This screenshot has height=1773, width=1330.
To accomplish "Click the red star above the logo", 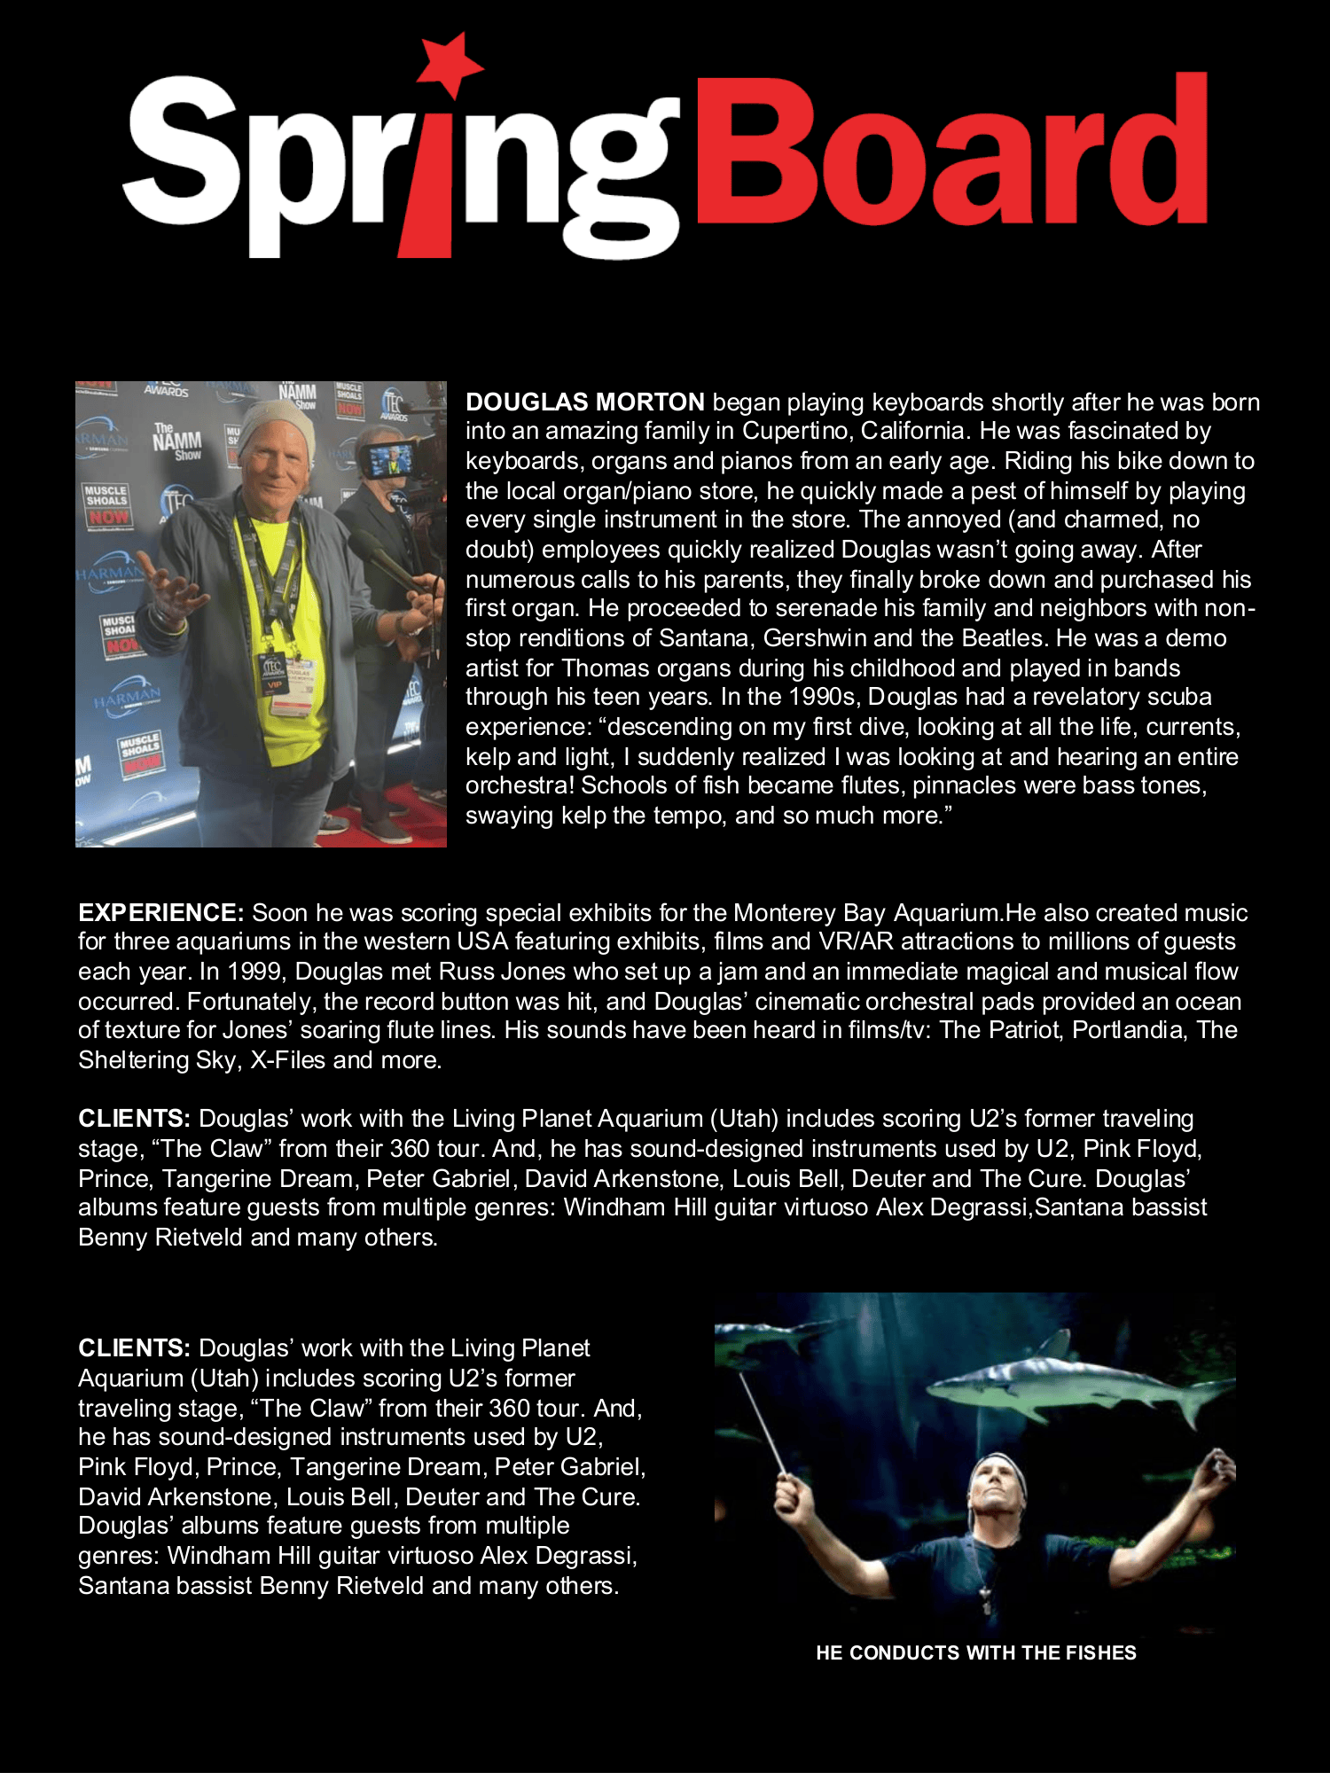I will (451, 63).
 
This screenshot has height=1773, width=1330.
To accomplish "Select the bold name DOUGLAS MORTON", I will (585, 402).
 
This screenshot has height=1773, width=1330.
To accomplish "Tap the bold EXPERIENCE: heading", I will (160, 913).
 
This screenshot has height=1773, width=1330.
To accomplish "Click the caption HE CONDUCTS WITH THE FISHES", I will (975, 1652).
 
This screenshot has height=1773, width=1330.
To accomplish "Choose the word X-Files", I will (287, 1060).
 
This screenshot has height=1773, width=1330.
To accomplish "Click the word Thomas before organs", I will (603, 668).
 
